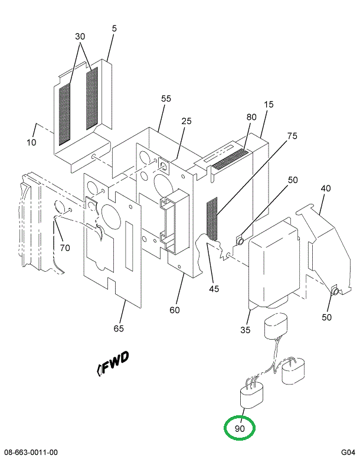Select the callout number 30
[80, 37]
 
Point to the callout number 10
[31, 142]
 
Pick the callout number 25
[186, 121]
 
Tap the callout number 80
[251, 117]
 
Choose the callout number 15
[269, 105]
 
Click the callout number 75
[275, 136]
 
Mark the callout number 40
[325, 188]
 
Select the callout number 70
[64, 248]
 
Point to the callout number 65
[119, 328]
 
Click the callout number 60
[174, 310]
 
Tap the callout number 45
[214, 288]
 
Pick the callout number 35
[246, 329]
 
